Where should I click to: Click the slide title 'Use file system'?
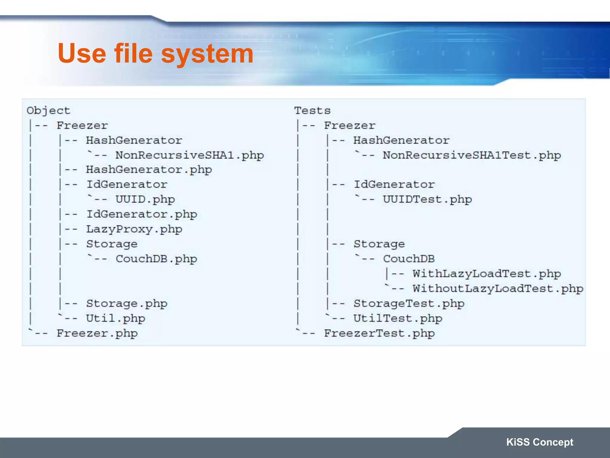(x=155, y=54)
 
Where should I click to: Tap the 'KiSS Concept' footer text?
(x=539, y=442)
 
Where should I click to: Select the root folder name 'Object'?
(x=49, y=111)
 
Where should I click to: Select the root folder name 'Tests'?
(x=312, y=111)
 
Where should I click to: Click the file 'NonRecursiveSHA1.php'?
(x=189, y=155)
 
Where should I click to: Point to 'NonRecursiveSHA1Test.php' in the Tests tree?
(x=472, y=155)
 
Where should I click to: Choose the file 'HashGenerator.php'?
(x=149, y=170)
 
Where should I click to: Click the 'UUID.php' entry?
(x=145, y=199)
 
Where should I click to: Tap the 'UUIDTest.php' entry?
(x=427, y=199)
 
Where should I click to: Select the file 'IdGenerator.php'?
(x=142, y=214)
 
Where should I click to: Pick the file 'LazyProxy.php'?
(x=134, y=229)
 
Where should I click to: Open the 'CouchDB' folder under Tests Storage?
(x=409, y=259)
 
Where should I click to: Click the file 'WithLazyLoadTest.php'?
(x=487, y=274)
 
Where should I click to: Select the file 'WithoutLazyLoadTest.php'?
(x=498, y=289)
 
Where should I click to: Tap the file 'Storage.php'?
(x=127, y=304)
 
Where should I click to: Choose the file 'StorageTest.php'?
(x=409, y=304)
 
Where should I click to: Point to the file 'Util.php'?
(x=116, y=318)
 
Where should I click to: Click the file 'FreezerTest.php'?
(x=379, y=333)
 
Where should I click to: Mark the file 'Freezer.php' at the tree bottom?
(x=97, y=333)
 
